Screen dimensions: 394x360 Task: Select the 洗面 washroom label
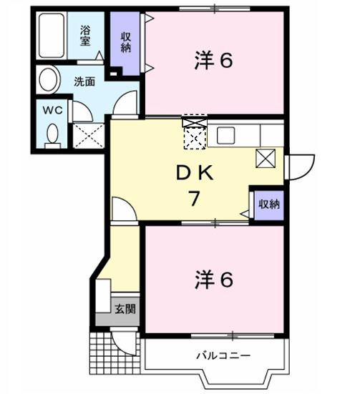[x=84, y=81]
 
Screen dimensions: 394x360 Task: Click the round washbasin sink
[x=49, y=78]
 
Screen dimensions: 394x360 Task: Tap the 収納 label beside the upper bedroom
[x=126, y=43]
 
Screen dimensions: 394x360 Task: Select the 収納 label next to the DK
[x=268, y=204]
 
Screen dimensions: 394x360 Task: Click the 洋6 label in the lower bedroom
[x=213, y=280]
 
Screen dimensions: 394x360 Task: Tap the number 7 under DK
[x=193, y=200]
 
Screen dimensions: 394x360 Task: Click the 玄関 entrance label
[x=125, y=310]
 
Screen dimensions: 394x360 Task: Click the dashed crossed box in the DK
[x=194, y=138]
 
